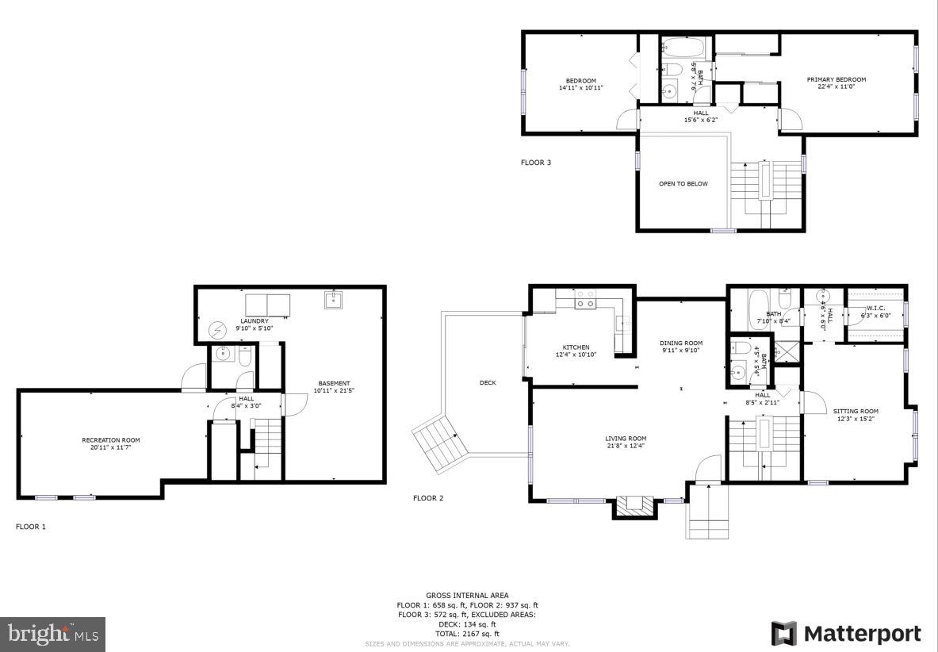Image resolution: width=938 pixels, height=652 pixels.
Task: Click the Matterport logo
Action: [x=846, y=634]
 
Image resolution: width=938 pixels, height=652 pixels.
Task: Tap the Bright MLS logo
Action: [x=53, y=634]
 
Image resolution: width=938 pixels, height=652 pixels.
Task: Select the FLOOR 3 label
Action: [x=535, y=163]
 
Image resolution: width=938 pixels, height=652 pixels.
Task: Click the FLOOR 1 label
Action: [x=31, y=526]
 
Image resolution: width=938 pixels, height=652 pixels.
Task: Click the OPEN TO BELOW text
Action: [x=683, y=184]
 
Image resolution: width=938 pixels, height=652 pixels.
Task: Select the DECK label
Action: [x=488, y=382]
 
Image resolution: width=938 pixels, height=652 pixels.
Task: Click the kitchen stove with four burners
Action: [x=585, y=299]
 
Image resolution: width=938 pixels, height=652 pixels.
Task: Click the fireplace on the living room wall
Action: [x=636, y=505]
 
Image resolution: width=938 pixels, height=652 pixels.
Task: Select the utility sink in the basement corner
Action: [x=332, y=301]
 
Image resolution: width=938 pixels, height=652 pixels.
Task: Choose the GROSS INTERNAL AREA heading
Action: [x=467, y=595]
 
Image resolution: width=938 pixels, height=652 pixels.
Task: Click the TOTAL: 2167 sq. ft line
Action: [x=467, y=634]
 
